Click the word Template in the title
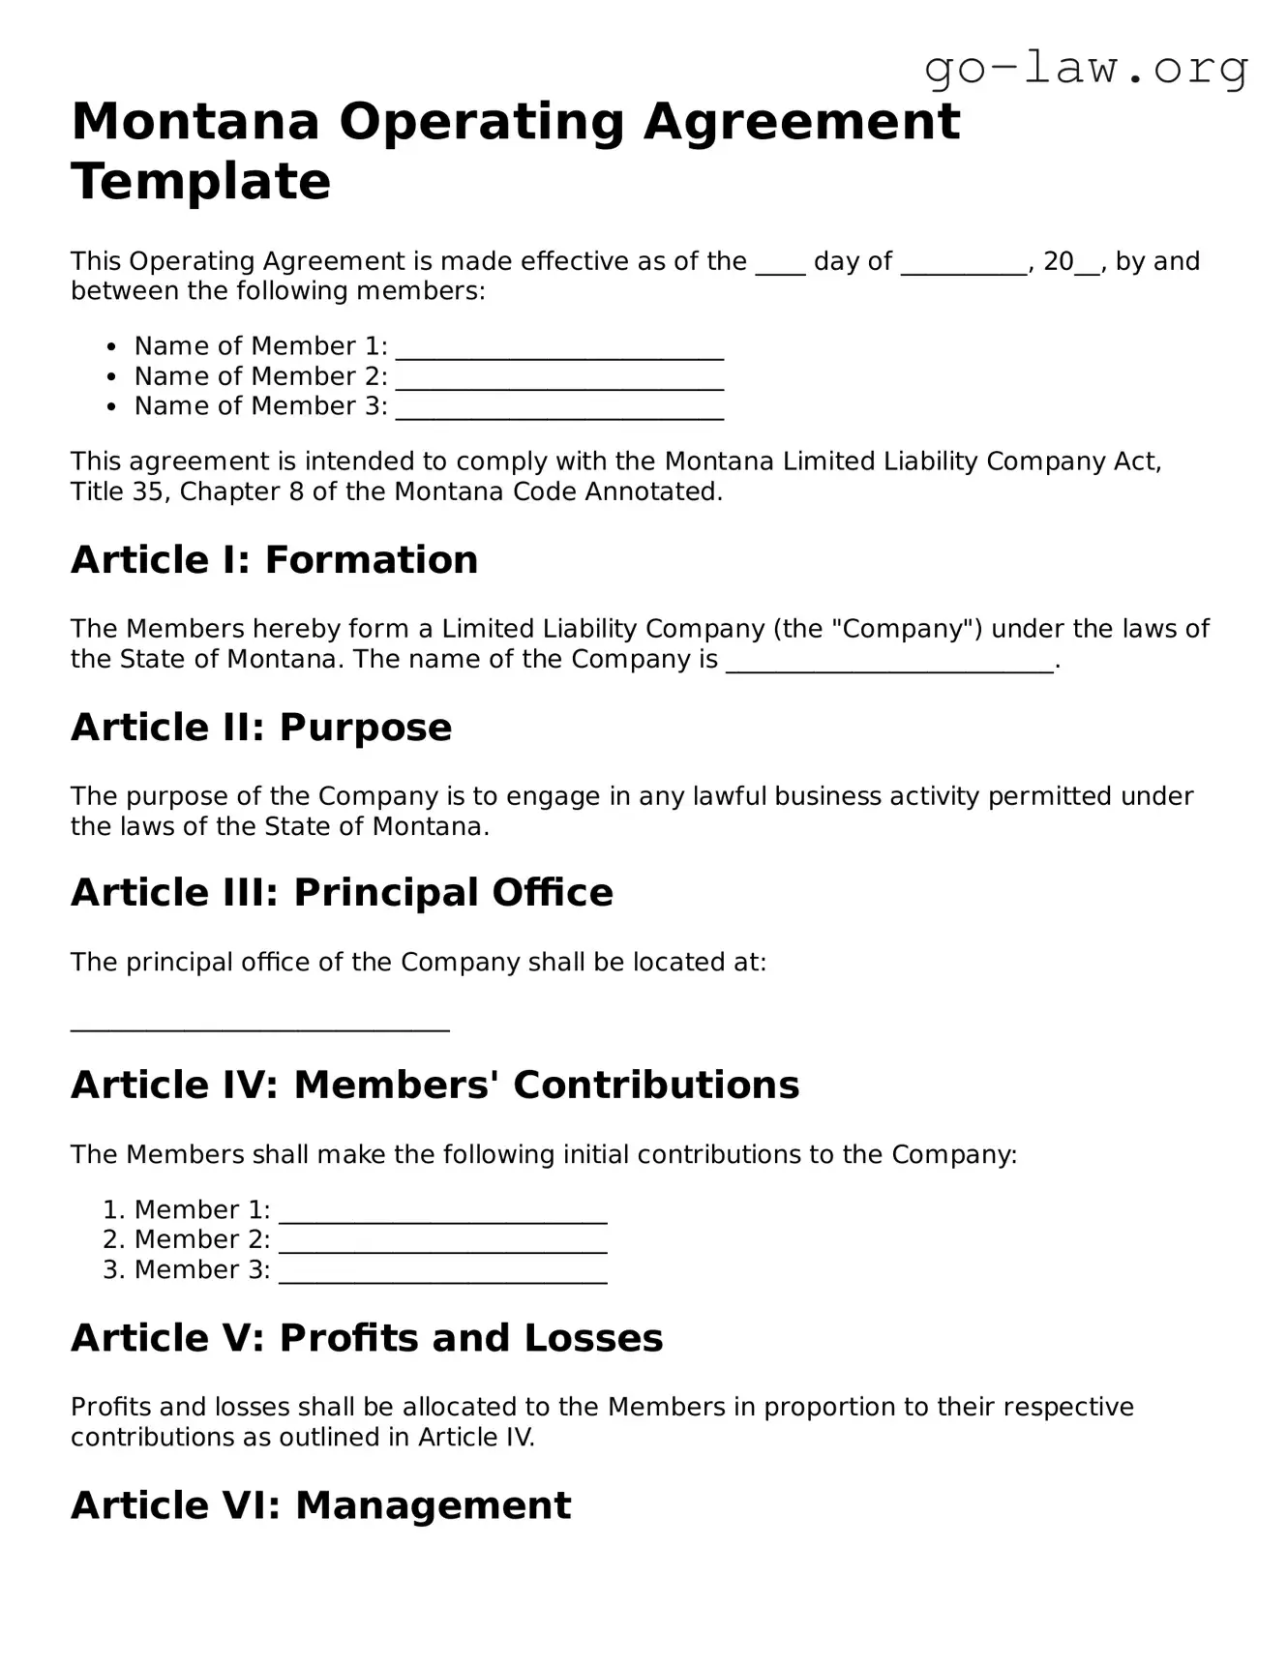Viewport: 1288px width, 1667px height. (201, 181)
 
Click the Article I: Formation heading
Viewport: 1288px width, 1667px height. (274, 560)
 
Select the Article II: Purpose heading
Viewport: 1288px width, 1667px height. (261, 728)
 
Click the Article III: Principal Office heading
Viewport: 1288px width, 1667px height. (342, 893)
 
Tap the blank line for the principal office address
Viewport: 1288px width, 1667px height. (259, 1026)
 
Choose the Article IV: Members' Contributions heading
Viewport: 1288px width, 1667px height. (434, 1086)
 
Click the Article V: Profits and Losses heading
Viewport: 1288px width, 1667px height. (367, 1339)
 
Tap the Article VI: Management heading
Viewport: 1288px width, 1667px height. (320, 1506)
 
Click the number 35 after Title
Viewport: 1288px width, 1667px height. (148, 491)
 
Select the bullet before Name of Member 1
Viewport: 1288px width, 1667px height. (113, 346)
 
